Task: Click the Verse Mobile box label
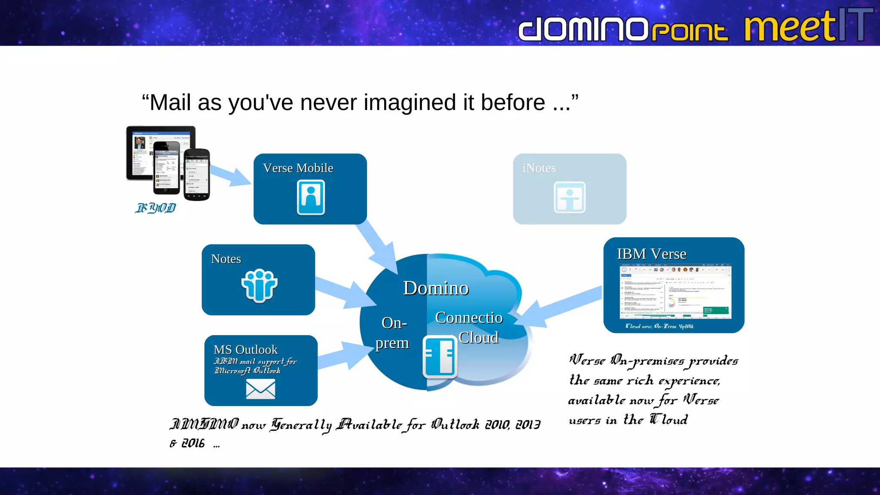(298, 168)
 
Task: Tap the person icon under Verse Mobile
(311, 197)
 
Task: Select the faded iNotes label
(539, 168)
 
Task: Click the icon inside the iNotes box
(569, 197)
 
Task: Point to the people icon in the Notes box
(259, 285)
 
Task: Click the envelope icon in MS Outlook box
(260, 390)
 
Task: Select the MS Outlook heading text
(245, 349)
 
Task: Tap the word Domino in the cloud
(436, 288)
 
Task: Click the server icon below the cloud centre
(440, 357)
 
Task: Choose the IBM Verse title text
(651, 254)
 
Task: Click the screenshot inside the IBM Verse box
(675, 292)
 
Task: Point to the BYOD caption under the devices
(156, 208)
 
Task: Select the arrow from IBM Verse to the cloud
(559, 307)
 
